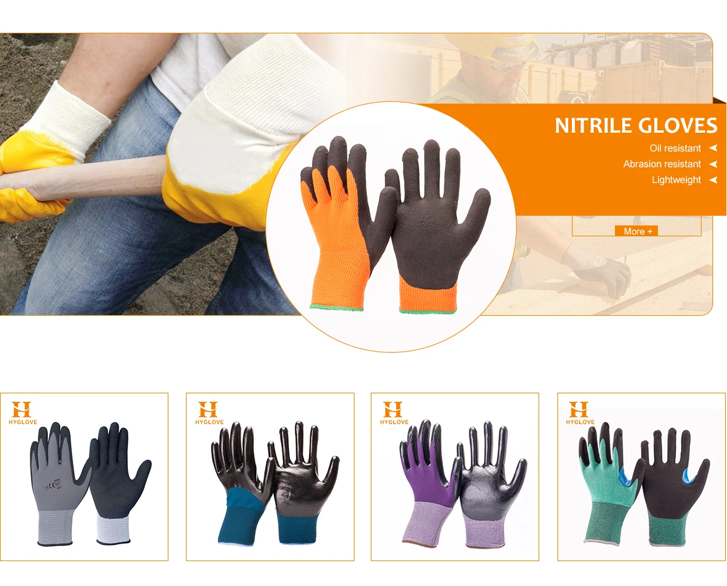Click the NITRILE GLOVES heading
636,125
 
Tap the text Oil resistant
675,148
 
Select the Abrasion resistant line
662,164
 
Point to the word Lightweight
676,180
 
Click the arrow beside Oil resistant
713,148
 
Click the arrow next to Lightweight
713,180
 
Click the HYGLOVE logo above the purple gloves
393,412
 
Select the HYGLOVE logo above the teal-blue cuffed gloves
208,412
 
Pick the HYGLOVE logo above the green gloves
579,412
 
